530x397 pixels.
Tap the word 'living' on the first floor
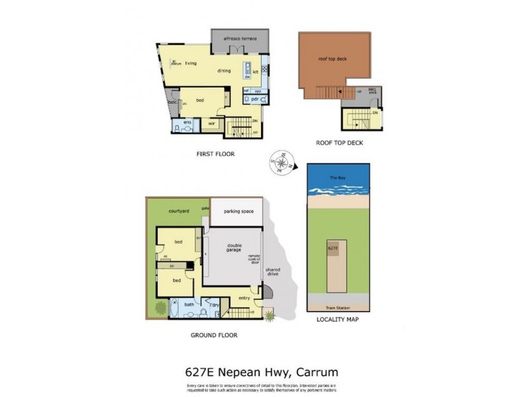(191, 63)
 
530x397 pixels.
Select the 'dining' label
(223, 71)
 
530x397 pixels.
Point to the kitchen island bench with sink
(247, 71)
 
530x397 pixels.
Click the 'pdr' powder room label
(255, 99)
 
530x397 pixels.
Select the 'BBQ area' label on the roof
(372, 91)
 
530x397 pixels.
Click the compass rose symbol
(280, 161)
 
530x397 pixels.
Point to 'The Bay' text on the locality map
(337, 179)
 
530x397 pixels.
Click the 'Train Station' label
(338, 308)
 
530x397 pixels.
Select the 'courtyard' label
(180, 210)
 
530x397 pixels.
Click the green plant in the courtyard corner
(160, 307)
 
